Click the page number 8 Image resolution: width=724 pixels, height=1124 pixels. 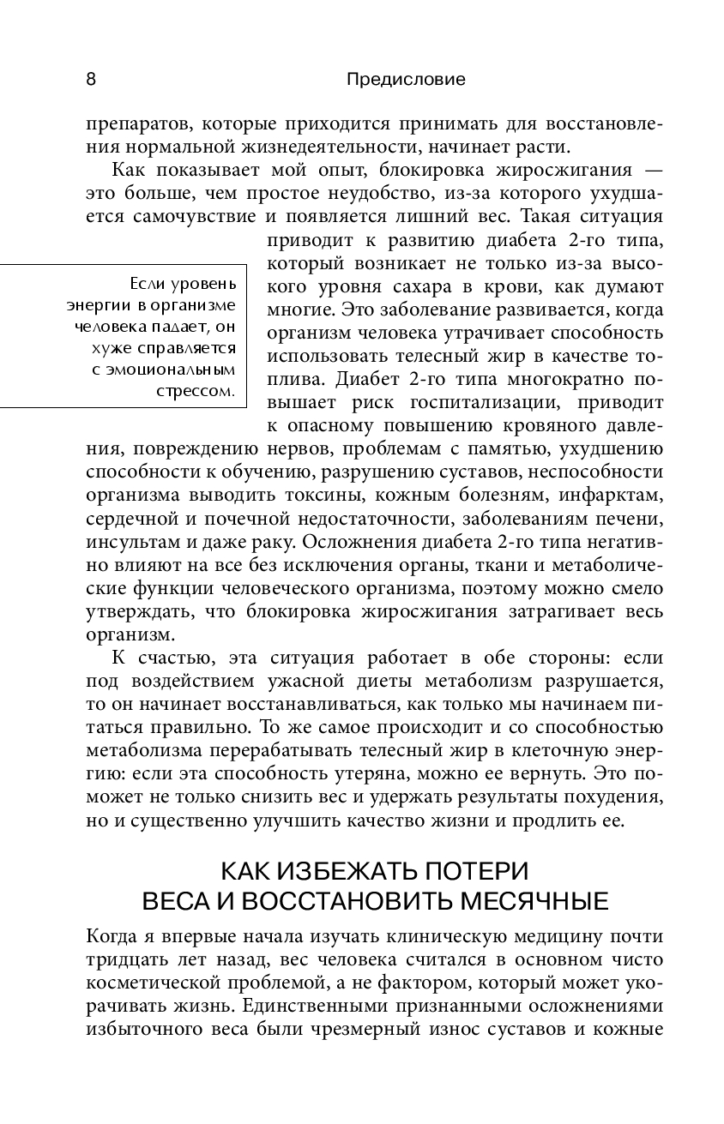click(91, 80)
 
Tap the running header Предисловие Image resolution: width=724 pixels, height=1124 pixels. click(406, 80)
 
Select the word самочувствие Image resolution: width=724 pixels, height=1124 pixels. click(195, 215)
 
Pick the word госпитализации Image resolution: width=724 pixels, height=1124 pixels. click(472, 401)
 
